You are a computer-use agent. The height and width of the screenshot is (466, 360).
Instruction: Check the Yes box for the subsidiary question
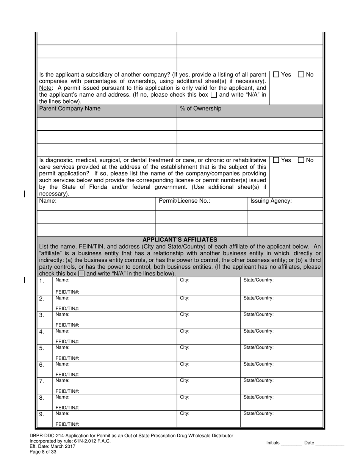(x=276, y=75)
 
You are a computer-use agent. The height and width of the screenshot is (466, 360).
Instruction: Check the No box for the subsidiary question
(x=301, y=75)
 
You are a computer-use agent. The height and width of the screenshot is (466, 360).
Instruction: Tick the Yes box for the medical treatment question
(x=276, y=160)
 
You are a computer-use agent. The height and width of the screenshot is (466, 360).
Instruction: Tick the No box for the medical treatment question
(x=301, y=160)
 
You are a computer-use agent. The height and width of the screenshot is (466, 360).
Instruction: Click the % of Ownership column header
(x=200, y=109)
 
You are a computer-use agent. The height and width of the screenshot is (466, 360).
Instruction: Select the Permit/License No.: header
(x=184, y=201)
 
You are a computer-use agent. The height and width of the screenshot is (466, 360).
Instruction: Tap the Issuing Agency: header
(x=271, y=201)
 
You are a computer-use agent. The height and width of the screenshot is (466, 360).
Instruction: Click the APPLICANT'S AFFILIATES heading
(x=180, y=240)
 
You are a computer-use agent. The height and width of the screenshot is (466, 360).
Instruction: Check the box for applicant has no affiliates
(x=81, y=274)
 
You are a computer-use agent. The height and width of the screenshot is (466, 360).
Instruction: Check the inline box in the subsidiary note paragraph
(x=214, y=95)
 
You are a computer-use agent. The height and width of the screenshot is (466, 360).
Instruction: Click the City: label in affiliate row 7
(x=185, y=380)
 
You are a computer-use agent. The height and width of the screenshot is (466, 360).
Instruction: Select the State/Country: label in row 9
(x=258, y=414)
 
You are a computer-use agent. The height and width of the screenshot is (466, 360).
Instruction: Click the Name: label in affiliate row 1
(x=63, y=280)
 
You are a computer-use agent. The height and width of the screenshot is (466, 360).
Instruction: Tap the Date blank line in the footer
(x=330, y=443)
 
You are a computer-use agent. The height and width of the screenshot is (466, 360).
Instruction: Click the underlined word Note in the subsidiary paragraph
(x=45, y=88)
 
